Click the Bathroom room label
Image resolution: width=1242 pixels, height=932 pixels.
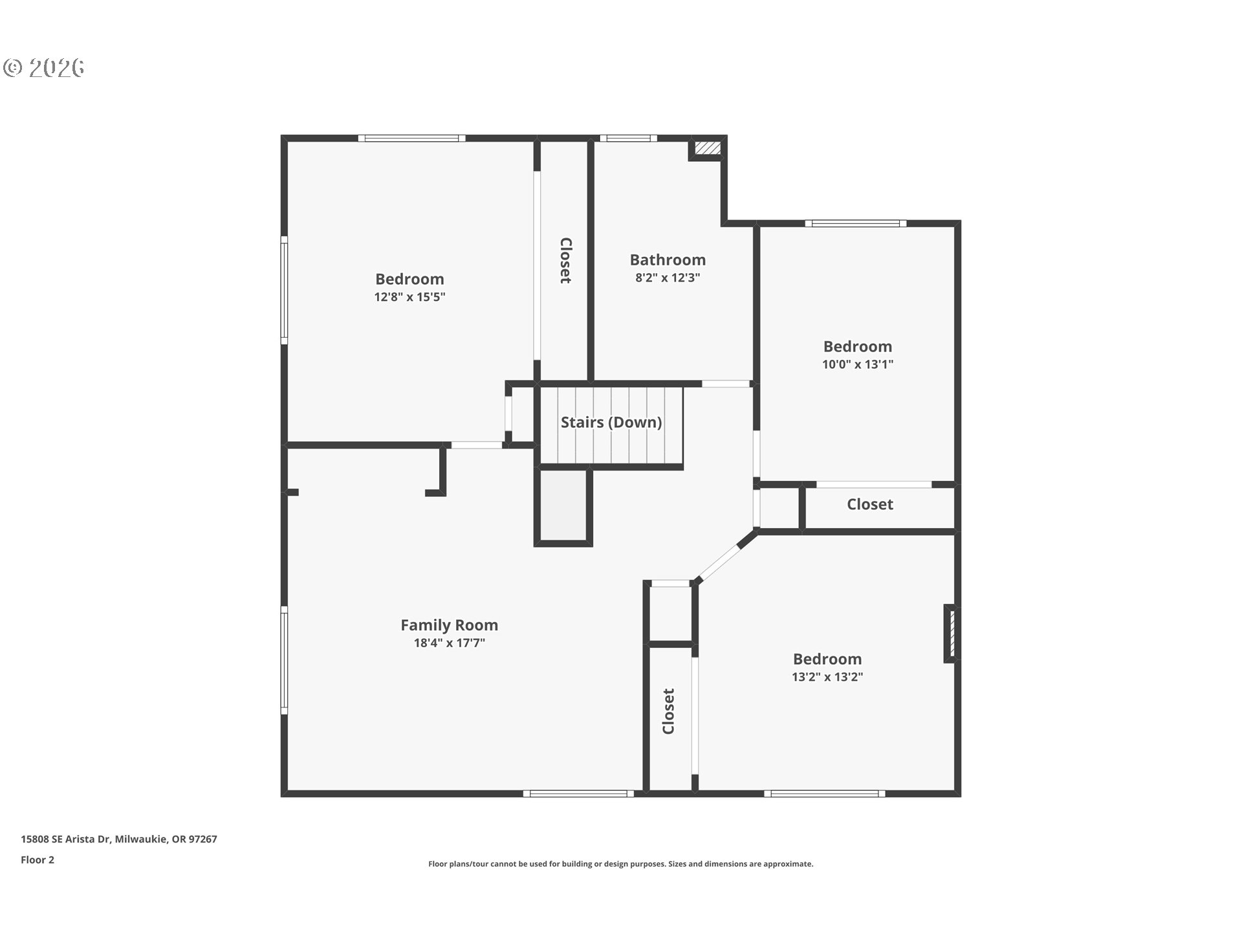pyautogui.click(x=668, y=260)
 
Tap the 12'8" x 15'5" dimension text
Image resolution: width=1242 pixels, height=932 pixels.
pyautogui.click(x=409, y=297)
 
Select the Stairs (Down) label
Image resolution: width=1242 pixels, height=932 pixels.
pyautogui.click(x=611, y=422)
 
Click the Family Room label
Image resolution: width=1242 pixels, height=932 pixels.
pyautogui.click(x=449, y=625)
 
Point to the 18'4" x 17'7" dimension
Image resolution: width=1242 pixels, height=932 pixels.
pyautogui.click(x=449, y=643)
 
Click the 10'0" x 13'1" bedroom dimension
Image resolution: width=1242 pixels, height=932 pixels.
pyautogui.click(x=857, y=364)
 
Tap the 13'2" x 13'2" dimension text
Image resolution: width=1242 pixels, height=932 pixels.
pyautogui.click(x=827, y=677)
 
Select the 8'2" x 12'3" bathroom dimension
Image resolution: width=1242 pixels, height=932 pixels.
pyautogui.click(x=668, y=278)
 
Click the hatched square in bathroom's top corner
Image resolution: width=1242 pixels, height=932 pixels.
pyautogui.click(x=707, y=148)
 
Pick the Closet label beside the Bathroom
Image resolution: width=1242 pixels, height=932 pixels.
pyautogui.click(x=565, y=260)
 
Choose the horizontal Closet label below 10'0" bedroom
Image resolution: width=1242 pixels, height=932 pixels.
pyautogui.click(x=869, y=504)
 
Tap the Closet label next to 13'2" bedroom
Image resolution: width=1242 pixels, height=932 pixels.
pyautogui.click(x=668, y=711)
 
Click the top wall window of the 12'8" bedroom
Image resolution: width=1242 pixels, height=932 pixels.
pyautogui.click(x=411, y=138)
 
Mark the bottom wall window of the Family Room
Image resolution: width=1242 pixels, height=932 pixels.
pyautogui.click(x=578, y=793)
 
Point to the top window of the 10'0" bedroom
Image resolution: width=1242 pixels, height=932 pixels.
pyautogui.click(x=855, y=224)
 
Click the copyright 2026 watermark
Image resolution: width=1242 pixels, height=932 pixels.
pyautogui.click(x=44, y=67)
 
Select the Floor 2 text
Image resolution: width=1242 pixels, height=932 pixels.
pyautogui.click(x=38, y=860)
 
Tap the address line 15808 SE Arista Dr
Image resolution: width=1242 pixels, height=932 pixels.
pyautogui.click(x=118, y=839)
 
